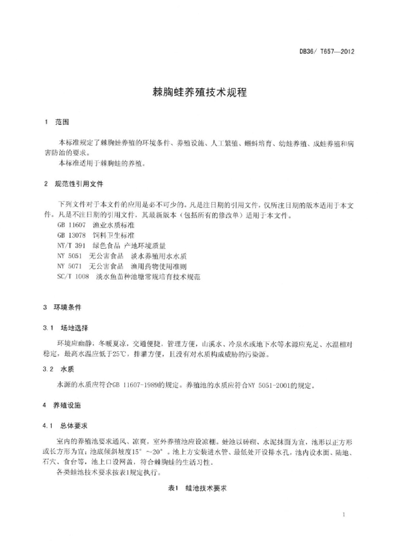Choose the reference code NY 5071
tap(69, 266)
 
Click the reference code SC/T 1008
tap(72, 276)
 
